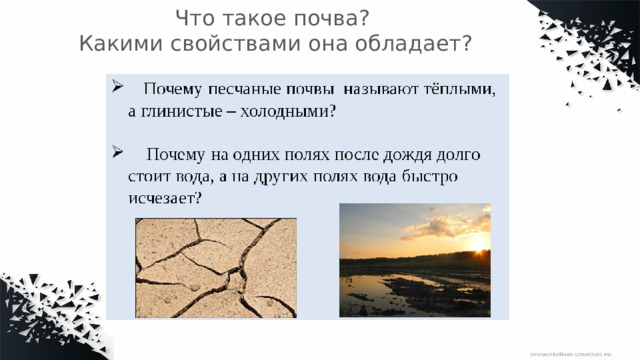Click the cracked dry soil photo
click(216, 267)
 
